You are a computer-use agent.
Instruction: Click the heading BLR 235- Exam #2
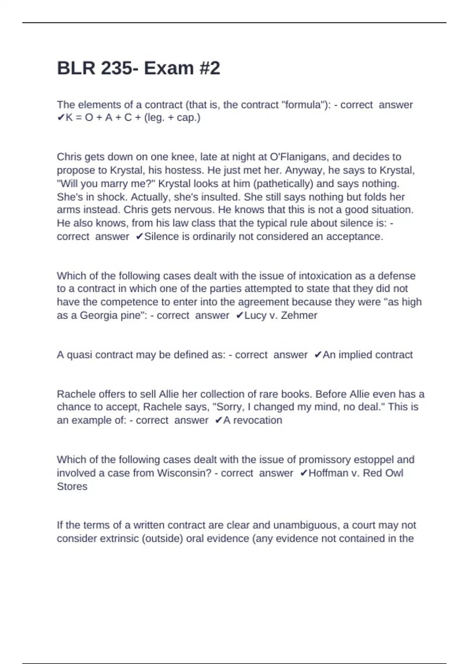coord(138,68)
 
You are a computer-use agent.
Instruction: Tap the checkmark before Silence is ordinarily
coord(139,237)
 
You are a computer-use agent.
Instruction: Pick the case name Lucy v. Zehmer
coord(281,315)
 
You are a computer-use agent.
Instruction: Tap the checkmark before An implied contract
coord(318,355)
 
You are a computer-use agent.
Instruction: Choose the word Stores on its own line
coord(72,486)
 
